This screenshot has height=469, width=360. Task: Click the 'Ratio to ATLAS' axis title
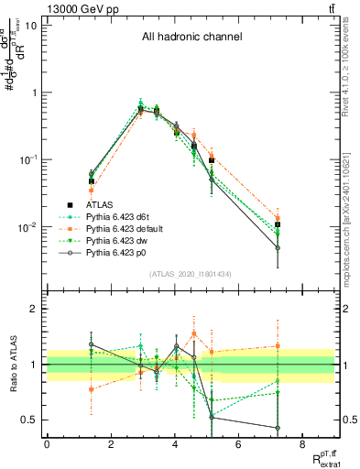pyautogui.click(x=14, y=365)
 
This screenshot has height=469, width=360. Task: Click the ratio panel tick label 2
pyautogui.click(x=35, y=309)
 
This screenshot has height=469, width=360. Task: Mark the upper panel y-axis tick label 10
pyautogui.click(x=31, y=25)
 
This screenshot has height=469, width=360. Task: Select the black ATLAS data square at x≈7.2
pyautogui.click(x=277, y=224)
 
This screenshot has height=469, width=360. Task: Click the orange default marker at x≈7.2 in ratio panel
pyautogui.click(x=277, y=346)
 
